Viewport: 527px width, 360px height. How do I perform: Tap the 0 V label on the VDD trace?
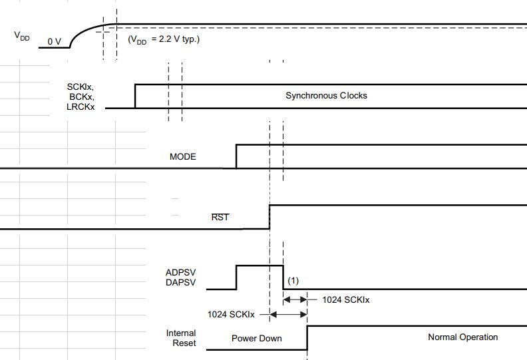click(x=55, y=42)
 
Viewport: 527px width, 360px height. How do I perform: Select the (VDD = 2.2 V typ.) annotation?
click(x=164, y=39)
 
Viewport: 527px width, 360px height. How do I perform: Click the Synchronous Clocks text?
click(x=326, y=96)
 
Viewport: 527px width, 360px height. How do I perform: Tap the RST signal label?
click(x=220, y=217)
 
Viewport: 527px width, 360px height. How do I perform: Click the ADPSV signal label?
click(x=181, y=273)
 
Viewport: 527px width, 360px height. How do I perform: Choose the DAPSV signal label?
click(x=181, y=283)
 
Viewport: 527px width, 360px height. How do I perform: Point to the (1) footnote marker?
click(x=293, y=281)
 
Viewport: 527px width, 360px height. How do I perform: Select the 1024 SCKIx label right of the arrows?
click(x=346, y=300)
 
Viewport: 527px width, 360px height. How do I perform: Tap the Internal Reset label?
click(x=182, y=338)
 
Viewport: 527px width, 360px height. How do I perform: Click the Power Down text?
click(x=256, y=338)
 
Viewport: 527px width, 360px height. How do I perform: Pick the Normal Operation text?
click(x=462, y=337)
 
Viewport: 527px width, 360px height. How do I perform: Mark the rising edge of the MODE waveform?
click(x=236, y=156)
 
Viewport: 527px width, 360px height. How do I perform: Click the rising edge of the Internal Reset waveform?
click(x=307, y=337)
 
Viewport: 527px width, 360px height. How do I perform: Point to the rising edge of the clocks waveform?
click(x=136, y=96)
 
